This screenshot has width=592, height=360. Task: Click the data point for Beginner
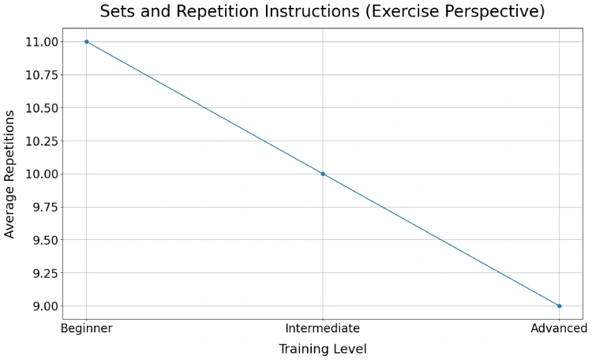click(x=86, y=42)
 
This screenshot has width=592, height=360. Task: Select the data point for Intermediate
click(x=323, y=174)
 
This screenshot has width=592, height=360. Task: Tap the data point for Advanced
click(x=559, y=306)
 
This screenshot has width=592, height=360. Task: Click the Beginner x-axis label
click(x=86, y=328)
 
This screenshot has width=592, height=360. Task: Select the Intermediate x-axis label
click(x=323, y=328)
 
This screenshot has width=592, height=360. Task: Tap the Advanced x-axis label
click(x=558, y=328)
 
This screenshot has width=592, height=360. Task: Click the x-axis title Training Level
click(x=323, y=348)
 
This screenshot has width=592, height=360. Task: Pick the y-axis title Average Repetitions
click(x=10, y=174)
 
